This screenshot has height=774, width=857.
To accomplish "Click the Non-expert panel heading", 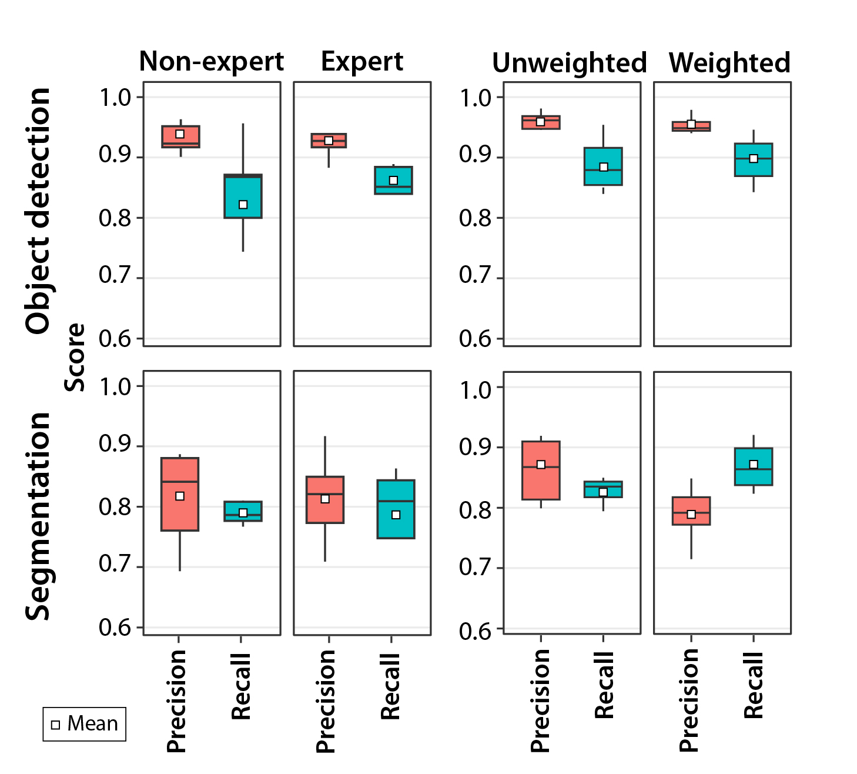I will click(212, 61).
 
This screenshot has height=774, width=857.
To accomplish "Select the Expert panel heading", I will click(362, 61).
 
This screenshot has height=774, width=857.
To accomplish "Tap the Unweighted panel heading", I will click(570, 63).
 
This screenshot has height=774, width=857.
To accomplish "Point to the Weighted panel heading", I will click(729, 63).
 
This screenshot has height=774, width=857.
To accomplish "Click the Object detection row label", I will click(38, 211).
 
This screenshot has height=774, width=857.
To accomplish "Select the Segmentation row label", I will click(38, 516).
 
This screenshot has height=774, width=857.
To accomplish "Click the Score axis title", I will click(75, 357).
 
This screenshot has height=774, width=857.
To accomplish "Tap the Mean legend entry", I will click(85, 723).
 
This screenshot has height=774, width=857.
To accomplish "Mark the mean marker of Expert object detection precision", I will click(329, 141).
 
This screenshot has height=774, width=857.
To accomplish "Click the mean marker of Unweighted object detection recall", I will click(603, 167).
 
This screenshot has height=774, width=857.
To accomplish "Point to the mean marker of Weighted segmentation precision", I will click(691, 515).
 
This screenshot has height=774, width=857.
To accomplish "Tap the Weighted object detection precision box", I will click(691, 126).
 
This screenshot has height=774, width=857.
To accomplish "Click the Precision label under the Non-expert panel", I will click(176, 700).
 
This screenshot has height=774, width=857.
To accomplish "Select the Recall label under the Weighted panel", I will click(754, 685).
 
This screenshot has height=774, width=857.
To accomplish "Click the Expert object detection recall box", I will click(393, 181).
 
